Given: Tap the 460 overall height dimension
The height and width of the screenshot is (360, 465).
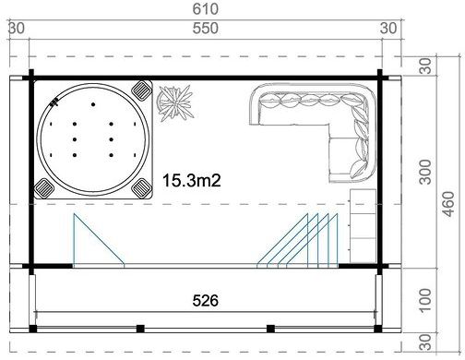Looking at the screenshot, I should pos(448,209).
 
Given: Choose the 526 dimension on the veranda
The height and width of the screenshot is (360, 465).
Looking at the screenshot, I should pos(205,300).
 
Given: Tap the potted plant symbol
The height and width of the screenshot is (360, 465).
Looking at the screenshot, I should pos(173,101).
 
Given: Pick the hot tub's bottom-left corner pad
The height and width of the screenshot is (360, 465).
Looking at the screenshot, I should pos(43,188).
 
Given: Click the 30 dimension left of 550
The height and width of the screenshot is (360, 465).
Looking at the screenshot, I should pos(16,29).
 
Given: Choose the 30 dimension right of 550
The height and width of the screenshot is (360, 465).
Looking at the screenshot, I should pos(391,29).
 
